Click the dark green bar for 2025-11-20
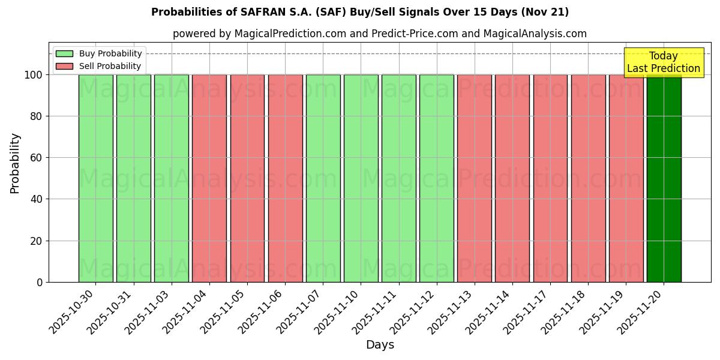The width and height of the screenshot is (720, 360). click(x=664, y=178)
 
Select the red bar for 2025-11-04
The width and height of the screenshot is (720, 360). click(x=209, y=178)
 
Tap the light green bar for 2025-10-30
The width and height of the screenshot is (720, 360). click(x=95, y=178)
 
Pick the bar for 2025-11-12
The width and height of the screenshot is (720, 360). click(x=437, y=178)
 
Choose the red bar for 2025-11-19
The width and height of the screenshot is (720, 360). click(x=626, y=178)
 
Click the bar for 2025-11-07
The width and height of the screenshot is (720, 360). click(x=323, y=178)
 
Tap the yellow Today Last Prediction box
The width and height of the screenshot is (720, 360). click(x=663, y=62)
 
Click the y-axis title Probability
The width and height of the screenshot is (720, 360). click(x=15, y=163)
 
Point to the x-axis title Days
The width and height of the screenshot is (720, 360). click(x=380, y=345)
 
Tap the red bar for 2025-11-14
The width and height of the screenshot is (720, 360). click(x=512, y=178)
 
